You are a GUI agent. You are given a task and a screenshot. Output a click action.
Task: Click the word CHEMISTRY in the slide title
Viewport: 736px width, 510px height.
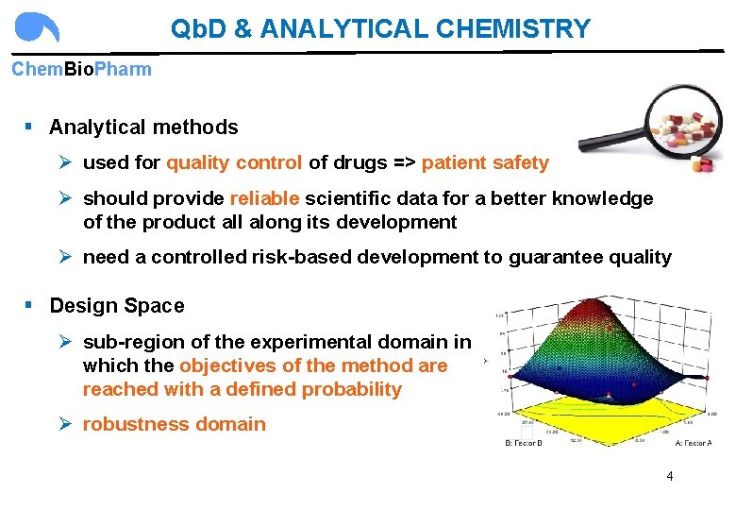point(513,28)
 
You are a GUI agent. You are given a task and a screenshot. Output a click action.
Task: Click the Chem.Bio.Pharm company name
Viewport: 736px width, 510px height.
point(81,70)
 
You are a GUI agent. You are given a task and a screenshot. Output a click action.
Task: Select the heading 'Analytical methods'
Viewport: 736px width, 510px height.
point(143,127)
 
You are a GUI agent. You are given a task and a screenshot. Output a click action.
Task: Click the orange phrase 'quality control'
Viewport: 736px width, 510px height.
point(234,162)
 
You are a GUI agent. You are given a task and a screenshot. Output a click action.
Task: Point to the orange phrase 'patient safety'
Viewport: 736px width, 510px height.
point(485,162)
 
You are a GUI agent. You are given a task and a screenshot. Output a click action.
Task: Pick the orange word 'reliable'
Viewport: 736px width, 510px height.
point(264,198)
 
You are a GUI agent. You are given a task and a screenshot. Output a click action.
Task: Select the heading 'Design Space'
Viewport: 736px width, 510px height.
point(117,306)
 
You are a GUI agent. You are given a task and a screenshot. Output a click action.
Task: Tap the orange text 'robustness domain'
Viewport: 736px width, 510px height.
point(175,424)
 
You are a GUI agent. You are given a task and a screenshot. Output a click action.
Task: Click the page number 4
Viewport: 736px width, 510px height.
point(670,476)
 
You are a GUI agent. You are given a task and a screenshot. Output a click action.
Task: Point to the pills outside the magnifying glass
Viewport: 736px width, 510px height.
point(703,163)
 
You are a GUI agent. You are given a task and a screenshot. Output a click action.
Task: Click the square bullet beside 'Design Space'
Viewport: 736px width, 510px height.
point(30,305)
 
